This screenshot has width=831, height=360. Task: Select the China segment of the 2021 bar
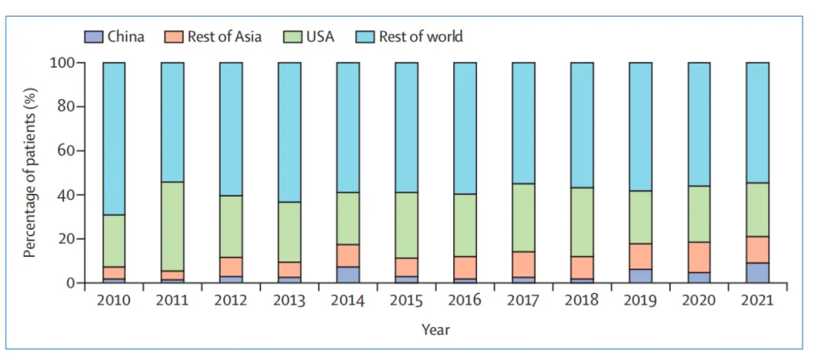[x=757, y=273]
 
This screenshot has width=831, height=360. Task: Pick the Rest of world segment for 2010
[x=114, y=138]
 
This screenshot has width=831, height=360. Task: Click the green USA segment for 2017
[x=523, y=218]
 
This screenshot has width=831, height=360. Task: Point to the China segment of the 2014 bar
[x=348, y=275]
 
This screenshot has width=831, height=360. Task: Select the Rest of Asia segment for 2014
[x=348, y=255]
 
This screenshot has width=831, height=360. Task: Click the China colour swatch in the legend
[x=93, y=36]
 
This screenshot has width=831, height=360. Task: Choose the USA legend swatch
[x=293, y=36]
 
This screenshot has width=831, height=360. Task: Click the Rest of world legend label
[x=421, y=36]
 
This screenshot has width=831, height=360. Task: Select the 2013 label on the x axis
[x=289, y=300]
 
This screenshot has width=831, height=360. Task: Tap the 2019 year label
[x=640, y=300]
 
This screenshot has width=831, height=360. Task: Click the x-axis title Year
[x=436, y=329]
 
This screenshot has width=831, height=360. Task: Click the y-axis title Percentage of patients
[x=31, y=173]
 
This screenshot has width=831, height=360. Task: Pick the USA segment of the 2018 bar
[x=582, y=222]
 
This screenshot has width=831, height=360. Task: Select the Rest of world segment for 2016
[x=465, y=128]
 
